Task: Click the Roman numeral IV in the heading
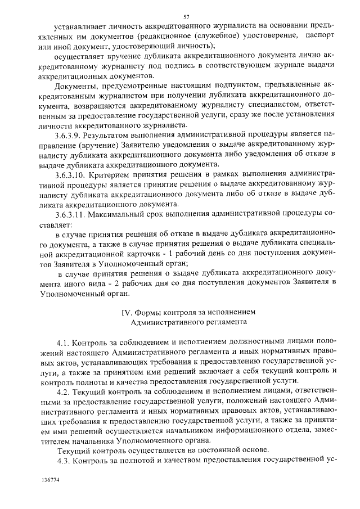[127, 311]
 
